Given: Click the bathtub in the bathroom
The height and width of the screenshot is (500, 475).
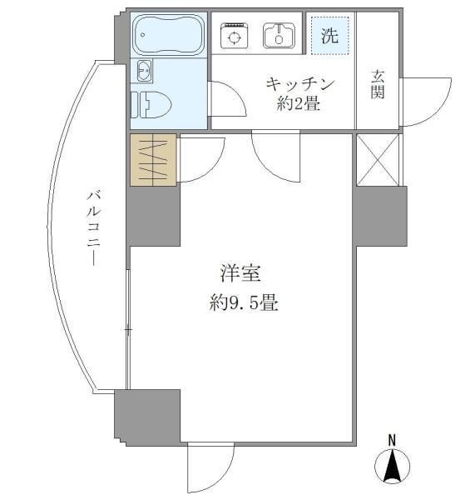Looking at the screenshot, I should pos(169,35).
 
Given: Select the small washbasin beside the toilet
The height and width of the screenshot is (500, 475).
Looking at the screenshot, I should pos(144,72).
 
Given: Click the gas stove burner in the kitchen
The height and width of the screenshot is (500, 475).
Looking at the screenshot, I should pos(235,35).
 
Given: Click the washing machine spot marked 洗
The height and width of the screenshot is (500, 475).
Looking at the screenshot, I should pos(329,35).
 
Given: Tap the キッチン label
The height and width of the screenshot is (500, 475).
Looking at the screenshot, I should pos(299,83).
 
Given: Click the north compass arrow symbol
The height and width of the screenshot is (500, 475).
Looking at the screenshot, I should pos(393,466).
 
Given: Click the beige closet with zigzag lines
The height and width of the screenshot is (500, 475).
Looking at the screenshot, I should pos(153,159).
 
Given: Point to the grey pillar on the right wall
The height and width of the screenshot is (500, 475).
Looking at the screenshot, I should pos(379,216).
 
